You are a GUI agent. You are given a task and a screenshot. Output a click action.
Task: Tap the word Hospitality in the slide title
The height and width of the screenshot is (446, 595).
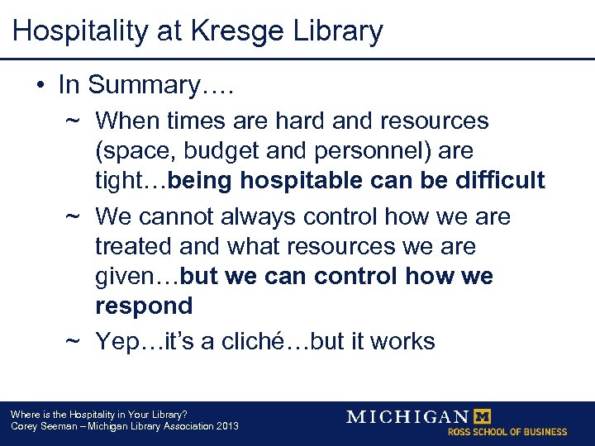tap(71, 31)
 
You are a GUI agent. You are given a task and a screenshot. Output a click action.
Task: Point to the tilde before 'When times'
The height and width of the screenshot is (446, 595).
tap(73, 121)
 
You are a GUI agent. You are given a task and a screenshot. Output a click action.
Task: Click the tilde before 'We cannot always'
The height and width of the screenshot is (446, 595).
tap(73, 217)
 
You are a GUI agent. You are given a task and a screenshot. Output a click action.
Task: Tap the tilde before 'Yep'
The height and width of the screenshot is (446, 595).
tap(73, 341)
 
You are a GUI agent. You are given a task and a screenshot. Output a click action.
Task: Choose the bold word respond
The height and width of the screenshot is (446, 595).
tap(144, 306)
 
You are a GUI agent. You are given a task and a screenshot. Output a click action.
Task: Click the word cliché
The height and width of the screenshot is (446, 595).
tap(263, 341)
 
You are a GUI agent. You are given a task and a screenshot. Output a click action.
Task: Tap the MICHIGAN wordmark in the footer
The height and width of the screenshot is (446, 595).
tap(408, 416)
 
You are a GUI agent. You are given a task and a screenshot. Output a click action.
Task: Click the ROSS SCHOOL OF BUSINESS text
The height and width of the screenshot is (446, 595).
tap(507, 432)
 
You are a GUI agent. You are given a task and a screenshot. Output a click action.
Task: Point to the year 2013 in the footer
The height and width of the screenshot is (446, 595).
tap(225, 426)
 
